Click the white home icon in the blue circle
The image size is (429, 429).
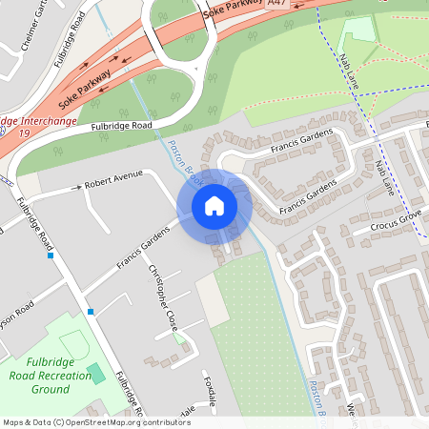click(214, 205)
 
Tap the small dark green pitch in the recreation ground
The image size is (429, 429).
click(96, 373)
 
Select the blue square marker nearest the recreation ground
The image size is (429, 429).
click(91, 312)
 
